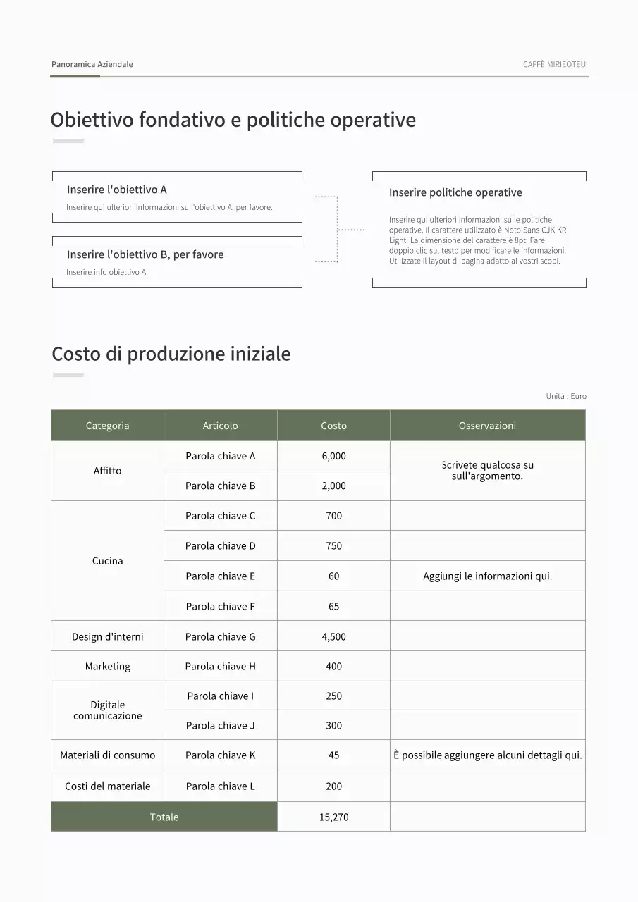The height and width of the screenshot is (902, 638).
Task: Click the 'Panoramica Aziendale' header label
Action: coord(92,64)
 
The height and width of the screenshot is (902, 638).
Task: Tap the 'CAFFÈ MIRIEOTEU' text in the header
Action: coord(554,64)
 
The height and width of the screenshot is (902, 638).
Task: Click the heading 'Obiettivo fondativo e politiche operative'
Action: coord(233,120)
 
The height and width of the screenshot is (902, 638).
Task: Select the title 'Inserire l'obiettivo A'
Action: coord(117,190)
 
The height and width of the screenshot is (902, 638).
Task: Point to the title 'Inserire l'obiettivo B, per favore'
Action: coord(145,254)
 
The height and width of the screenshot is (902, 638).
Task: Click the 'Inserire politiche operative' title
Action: coord(455,192)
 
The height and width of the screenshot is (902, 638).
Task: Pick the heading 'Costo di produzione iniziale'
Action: coord(171,354)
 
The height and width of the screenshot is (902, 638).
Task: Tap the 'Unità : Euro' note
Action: coord(566,396)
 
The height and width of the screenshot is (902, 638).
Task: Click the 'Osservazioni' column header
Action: coord(487,426)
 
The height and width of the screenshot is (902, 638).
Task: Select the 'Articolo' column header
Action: coord(221,426)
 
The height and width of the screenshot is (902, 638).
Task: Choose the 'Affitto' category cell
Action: coord(108,471)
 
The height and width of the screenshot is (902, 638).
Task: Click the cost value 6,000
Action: coord(333,456)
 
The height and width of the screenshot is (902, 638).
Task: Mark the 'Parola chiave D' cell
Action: coord(221,545)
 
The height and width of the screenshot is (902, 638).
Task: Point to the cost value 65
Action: coord(333,606)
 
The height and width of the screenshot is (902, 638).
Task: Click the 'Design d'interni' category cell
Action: coord(108,636)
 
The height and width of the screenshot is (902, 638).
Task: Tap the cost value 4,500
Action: coord(333,636)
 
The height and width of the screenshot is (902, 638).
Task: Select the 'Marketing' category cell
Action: coord(108,666)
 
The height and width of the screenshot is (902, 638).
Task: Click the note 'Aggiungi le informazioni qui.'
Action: coord(487,576)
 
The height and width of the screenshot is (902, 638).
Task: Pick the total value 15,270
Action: coord(333,817)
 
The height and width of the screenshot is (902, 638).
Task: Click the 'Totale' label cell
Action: coord(164,817)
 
